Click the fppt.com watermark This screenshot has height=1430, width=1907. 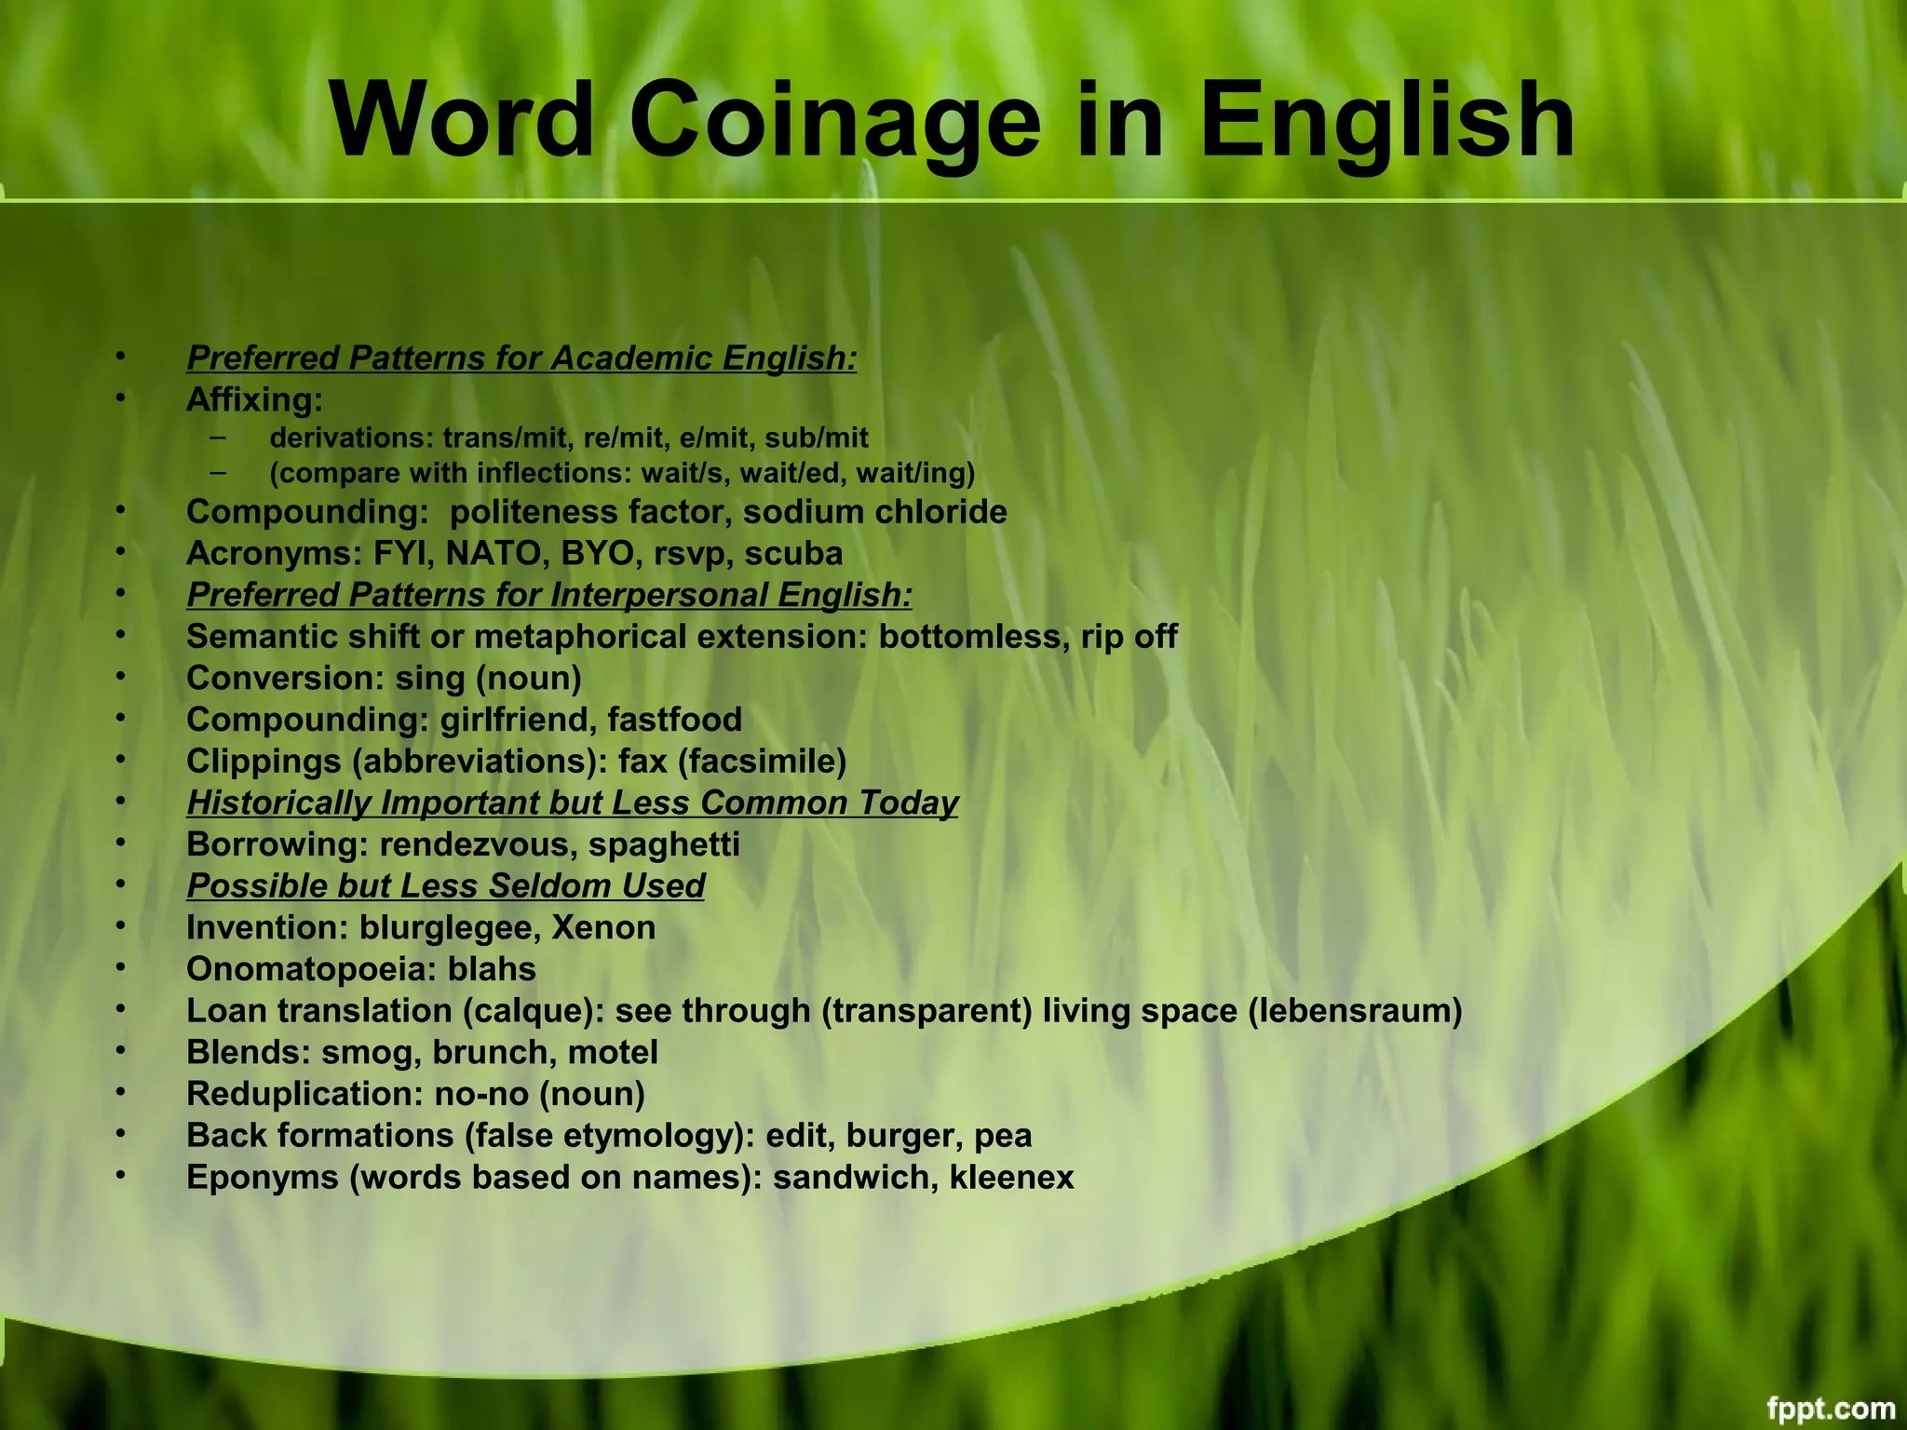[x=1831, y=1408]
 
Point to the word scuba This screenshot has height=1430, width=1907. [x=793, y=554]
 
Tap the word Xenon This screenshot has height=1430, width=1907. [x=603, y=928]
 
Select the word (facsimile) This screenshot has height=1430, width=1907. [x=762, y=762]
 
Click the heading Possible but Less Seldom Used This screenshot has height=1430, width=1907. [x=445, y=886]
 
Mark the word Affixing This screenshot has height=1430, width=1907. [x=254, y=400]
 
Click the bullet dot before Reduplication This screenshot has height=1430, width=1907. [x=120, y=1093]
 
